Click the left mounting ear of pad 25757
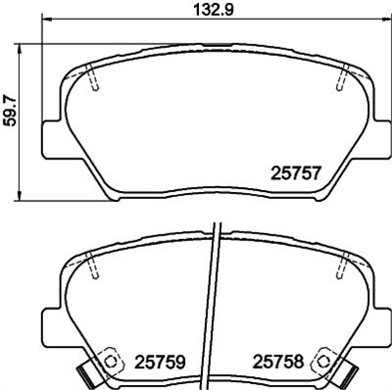[x=53, y=138]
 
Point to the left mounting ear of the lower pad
[x=53, y=323]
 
